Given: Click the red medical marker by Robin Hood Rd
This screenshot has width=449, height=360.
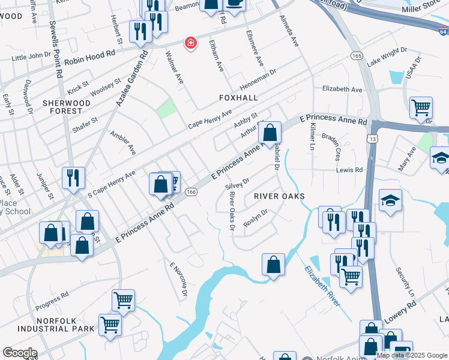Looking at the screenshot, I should pyautogui.click(x=191, y=43).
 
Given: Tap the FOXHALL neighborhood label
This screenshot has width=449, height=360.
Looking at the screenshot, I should pyautogui.click(x=238, y=98).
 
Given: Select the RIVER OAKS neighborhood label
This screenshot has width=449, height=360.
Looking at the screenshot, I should pyautogui.click(x=279, y=196).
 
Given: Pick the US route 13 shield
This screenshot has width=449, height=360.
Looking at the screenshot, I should pyautogui.click(x=373, y=139).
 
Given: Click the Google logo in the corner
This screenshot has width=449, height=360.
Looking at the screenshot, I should pyautogui.click(x=20, y=353).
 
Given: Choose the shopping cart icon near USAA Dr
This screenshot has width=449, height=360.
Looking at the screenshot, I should pyautogui.click(x=421, y=109).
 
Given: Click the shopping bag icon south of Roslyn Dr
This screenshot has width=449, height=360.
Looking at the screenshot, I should pyautogui.click(x=273, y=265).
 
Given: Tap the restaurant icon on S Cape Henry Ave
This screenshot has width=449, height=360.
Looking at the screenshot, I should pyautogui.click(x=73, y=178).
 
